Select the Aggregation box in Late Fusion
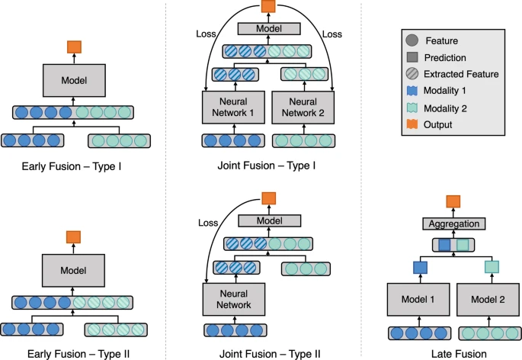453,224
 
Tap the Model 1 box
418,301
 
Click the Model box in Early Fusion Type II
73,271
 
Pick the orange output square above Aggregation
453,202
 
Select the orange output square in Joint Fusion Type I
267,7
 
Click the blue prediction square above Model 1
418,267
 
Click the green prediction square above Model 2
491,267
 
